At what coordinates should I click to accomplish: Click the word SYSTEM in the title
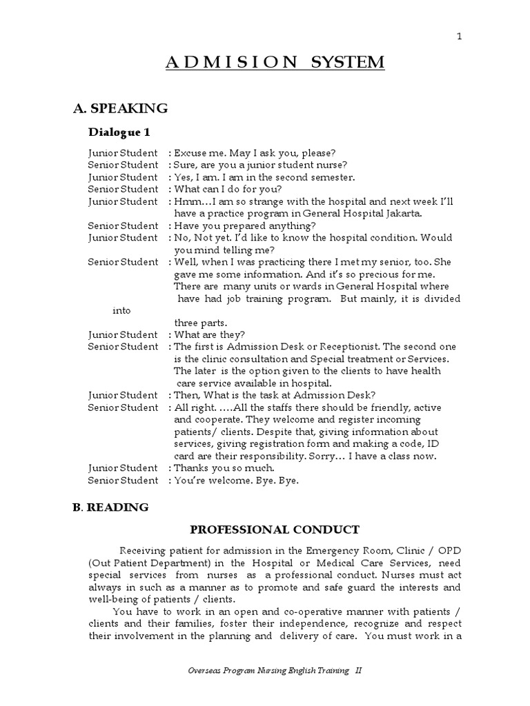tap(348, 63)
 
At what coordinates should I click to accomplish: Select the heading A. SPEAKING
tap(121, 108)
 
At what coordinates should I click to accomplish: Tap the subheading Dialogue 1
tap(119, 132)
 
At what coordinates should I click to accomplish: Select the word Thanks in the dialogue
tap(190, 467)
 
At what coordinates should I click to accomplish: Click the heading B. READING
tap(110, 507)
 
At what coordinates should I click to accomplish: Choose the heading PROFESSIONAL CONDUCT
tap(275, 529)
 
